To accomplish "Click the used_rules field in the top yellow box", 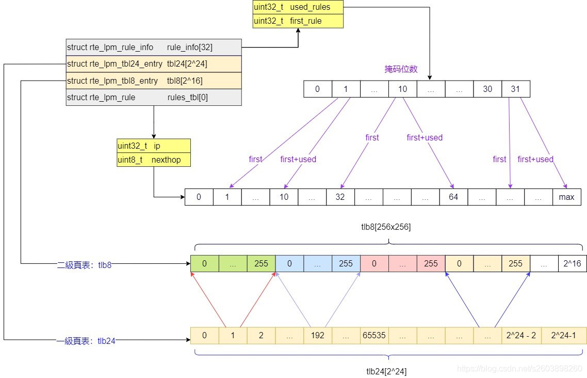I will pyautogui.click(x=298, y=7).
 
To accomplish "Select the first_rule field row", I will pyautogui.click(x=298, y=21).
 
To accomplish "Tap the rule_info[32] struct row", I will pyautogui.click(x=154, y=48).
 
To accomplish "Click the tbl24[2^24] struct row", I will pyautogui.click(x=154, y=64).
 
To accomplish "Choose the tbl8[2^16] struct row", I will pyautogui.click(x=154, y=81).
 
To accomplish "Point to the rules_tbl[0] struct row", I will pyautogui.click(x=154, y=97).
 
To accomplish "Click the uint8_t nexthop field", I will pyautogui.click(x=154, y=160).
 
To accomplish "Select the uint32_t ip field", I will pyautogui.click(x=154, y=146).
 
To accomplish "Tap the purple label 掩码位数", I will pyautogui.click(x=401, y=69).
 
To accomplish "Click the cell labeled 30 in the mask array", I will pyautogui.click(x=487, y=89).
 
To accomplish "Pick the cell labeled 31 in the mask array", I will pyautogui.click(x=515, y=89).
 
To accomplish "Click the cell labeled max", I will pyautogui.click(x=567, y=197).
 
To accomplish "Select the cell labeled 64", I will pyautogui.click(x=453, y=197).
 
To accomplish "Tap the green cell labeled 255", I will pyautogui.click(x=261, y=263).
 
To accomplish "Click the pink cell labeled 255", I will pyautogui.click(x=431, y=263).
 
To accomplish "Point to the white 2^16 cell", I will pyautogui.click(x=572, y=263).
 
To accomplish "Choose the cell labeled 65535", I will pyautogui.click(x=374, y=335).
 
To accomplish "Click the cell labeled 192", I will pyautogui.click(x=318, y=335).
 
